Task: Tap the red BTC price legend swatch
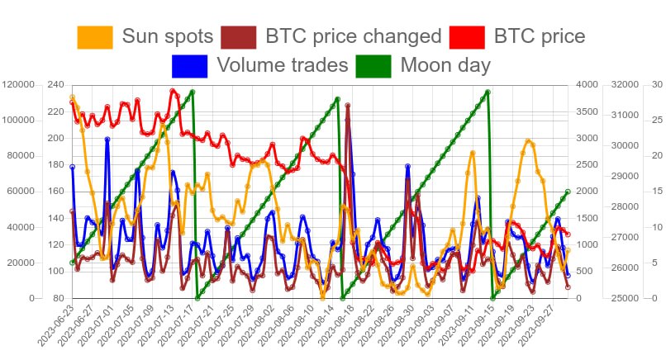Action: coord(466,36)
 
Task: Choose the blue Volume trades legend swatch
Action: coord(189,64)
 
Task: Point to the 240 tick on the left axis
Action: coord(56,84)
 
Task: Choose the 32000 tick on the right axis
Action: coord(625,84)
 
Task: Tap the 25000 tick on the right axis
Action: coord(625,298)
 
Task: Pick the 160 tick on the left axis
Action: coord(56,192)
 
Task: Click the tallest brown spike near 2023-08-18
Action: coord(347,106)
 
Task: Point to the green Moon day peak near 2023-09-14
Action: coord(488,92)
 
